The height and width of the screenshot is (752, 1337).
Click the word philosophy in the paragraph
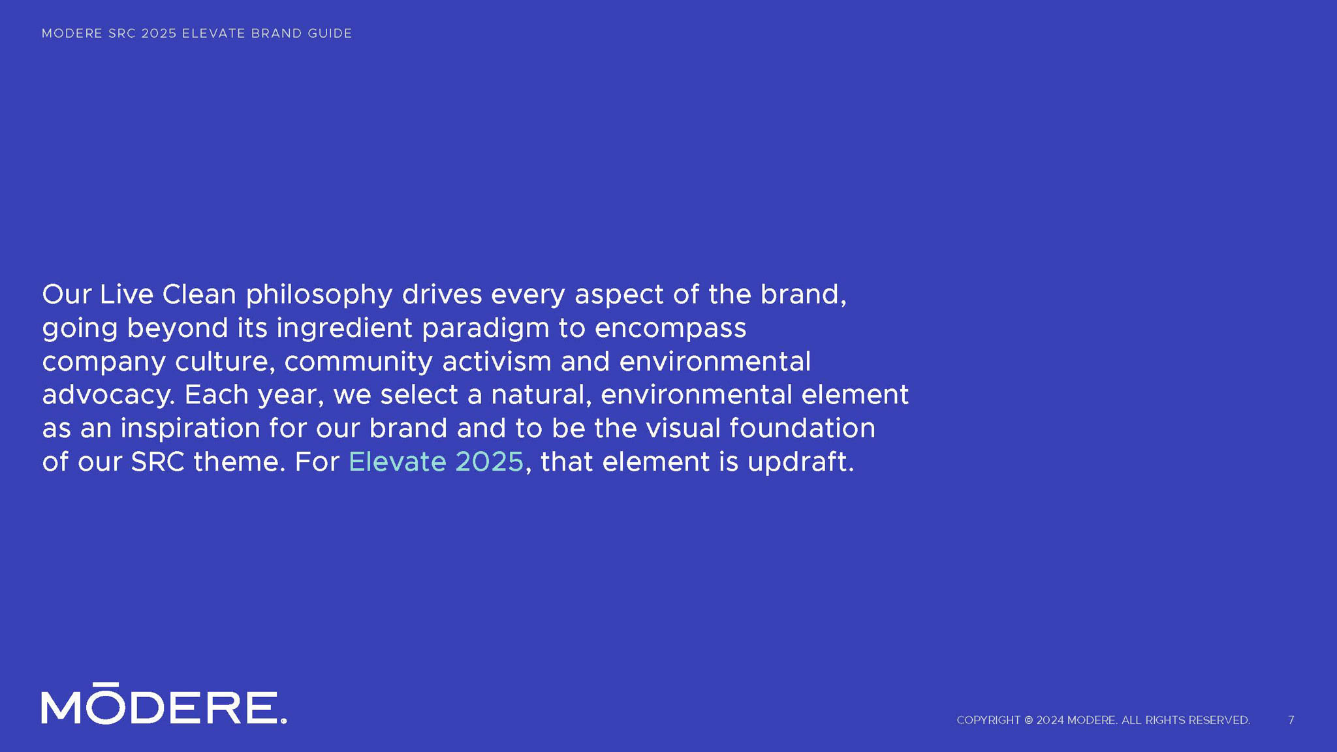[x=319, y=295]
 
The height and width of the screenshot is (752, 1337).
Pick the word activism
[x=497, y=361]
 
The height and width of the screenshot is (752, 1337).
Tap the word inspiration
[x=190, y=429]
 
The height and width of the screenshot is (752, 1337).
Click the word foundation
[x=802, y=428]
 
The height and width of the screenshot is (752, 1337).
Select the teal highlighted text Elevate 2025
[x=436, y=462]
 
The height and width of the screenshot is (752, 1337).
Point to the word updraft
[x=800, y=462]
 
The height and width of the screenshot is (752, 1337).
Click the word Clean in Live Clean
[x=199, y=294]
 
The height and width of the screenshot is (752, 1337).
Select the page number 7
[x=1291, y=720]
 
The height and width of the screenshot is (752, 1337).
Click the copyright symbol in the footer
[x=1028, y=720]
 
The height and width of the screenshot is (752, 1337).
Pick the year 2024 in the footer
[x=1050, y=720]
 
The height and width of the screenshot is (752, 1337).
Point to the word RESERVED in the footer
[x=1219, y=720]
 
